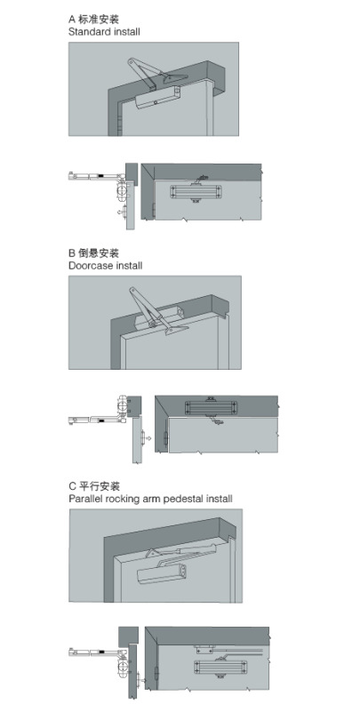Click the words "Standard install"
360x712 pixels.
(x=104, y=32)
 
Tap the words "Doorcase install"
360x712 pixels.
(x=105, y=266)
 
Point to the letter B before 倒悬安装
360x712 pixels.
(x=72, y=253)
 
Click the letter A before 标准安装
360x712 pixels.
(x=72, y=20)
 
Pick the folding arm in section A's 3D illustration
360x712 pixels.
(x=155, y=74)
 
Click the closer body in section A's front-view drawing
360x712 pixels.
(x=196, y=192)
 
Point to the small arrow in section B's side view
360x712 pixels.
(x=150, y=438)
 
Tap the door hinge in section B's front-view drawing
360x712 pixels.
(x=166, y=438)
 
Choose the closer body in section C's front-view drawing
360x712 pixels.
(x=221, y=667)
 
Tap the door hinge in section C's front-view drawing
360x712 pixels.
(x=157, y=673)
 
